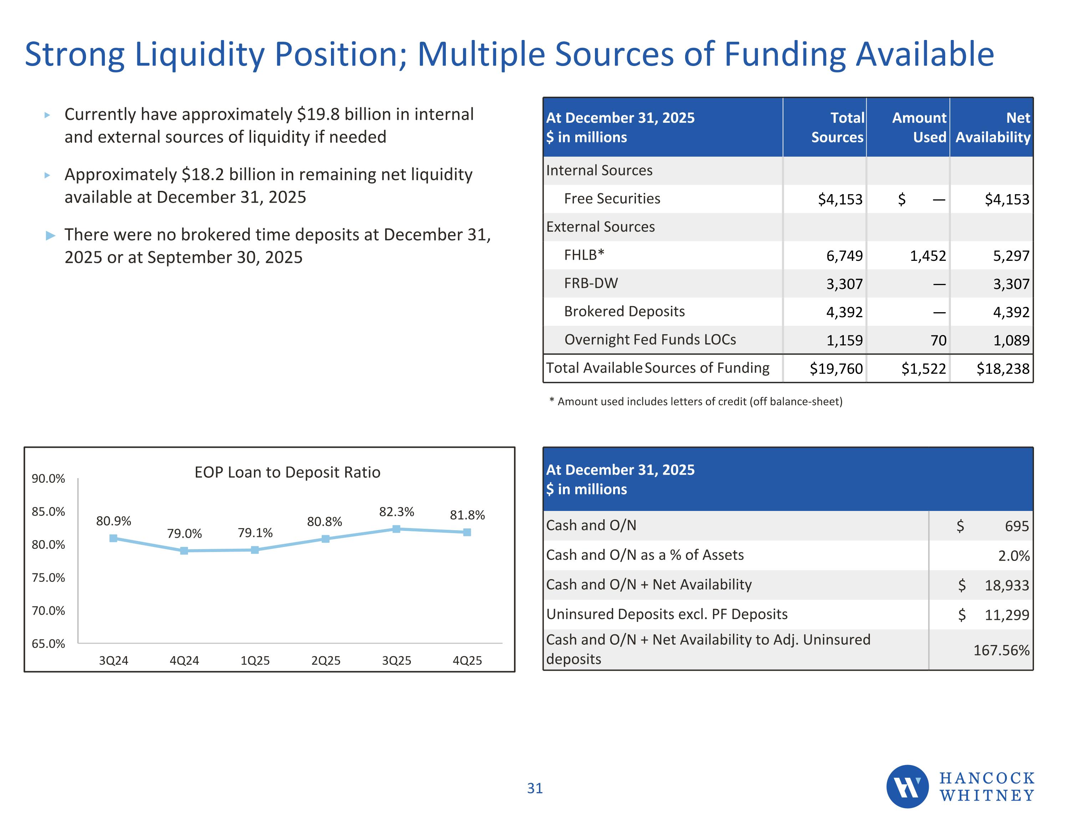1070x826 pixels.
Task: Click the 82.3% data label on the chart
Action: [x=396, y=512]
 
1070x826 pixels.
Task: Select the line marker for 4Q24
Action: [x=184, y=551]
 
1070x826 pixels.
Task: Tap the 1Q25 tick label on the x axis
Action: [x=255, y=660]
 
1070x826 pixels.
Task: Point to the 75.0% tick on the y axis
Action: [x=48, y=577]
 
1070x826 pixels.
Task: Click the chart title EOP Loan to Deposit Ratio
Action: [x=287, y=472]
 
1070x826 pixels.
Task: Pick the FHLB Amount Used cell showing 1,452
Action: [x=928, y=256]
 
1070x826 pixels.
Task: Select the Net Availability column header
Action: [x=993, y=127]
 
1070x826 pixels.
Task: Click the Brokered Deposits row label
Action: [x=624, y=311]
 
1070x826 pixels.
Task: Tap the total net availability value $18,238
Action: [x=1003, y=369]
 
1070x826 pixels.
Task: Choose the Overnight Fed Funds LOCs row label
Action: [x=650, y=339]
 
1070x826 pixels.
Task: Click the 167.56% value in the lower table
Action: [x=1002, y=650]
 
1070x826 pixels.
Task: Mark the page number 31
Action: [x=535, y=788]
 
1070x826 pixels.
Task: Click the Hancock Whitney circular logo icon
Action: [x=907, y=786]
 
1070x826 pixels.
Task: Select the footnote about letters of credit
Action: [x=696, y=401]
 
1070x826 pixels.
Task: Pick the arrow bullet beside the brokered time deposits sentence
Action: [x=50, y=236]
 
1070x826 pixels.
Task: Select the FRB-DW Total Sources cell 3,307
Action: [x=844, y=284]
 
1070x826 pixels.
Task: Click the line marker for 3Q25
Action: [x=396, y=529]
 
